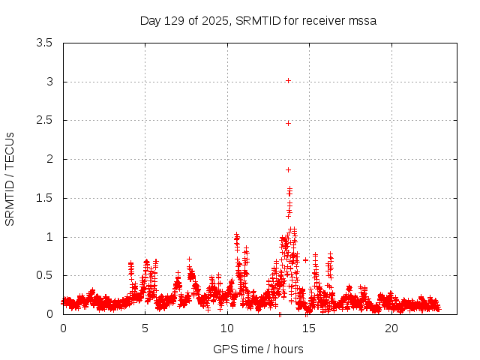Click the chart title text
click(258, 20)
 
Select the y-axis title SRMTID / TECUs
click(10, 178)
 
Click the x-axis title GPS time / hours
click(258, 349)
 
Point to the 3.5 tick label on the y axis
click(45, 43)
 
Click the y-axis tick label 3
click(49, 82)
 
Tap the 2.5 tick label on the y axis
click(45, 120)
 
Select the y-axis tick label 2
click(49, 159)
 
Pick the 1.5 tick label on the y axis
click(45, 198)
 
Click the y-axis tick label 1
click(49, 237)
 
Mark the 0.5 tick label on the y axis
click(45, 275)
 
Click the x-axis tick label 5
click(145, 328)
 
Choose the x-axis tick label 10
click(227, 328)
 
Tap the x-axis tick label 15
click(309, 328)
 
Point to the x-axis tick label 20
click(391, 328)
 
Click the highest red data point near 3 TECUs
click(288, 80)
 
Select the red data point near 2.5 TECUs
click(288, 123)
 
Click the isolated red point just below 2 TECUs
click(288, 169)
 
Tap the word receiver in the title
click(323, 20)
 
